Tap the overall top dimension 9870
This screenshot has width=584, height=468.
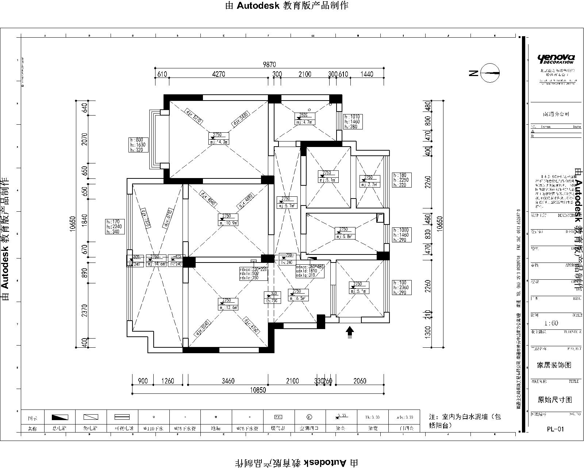click(269, 65)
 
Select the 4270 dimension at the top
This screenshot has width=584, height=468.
click(219, 74)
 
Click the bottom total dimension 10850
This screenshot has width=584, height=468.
click(258, 390)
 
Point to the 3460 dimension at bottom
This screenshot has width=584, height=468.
click(228, 381)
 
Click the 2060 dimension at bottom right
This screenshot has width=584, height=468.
click(360, 381)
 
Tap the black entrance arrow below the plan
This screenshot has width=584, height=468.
click(350, 332)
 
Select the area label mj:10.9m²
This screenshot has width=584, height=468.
click(228, 223)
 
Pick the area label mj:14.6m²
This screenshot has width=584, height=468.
click(156, 264)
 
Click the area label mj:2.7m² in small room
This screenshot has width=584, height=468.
click(370, 185)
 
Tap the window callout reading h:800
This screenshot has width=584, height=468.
click(138, 145)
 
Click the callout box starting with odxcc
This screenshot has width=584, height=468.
click(310, 271)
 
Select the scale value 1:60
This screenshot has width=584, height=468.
click(551, 323)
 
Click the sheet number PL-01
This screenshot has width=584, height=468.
click(556, 429)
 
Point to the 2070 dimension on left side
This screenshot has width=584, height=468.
click(85, 139)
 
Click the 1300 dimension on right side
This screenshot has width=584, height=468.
click(428, 331)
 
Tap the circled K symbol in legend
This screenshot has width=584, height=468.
click(309, 417)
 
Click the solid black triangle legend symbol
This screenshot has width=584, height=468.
click(60, 417)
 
